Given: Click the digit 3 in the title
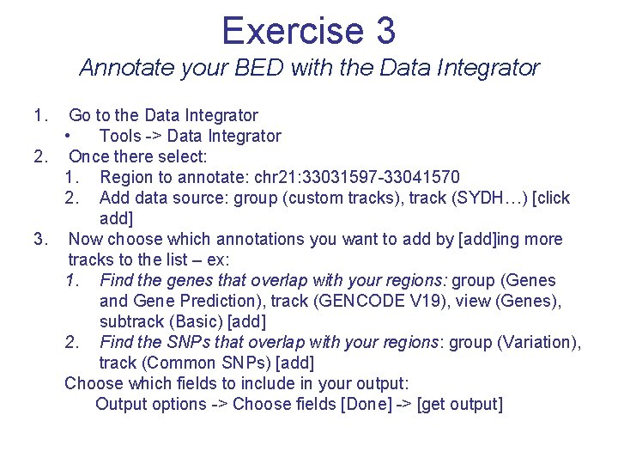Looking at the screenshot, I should click(385, 31).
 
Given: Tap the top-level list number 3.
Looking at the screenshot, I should click(39, 239).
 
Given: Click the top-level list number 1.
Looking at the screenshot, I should click(39, 115).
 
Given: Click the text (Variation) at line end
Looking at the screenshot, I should click(538, 342).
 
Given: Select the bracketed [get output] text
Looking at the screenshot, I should click(459, 404).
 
